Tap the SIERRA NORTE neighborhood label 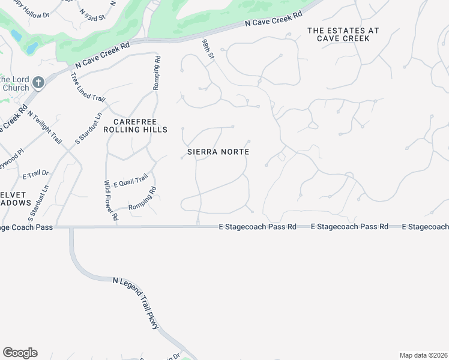pyautogui.click(x=218, y=152)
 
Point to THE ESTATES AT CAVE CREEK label pyautogui.click(x=338, y=34)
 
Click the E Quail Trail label pyautogui.click(x=130, y=179)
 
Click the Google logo pyautogui.click(x=20, y=352)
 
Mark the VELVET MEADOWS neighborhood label pyautogui.click(x=15, y=199)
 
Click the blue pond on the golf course pyautogui.click(x=31, y=46)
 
